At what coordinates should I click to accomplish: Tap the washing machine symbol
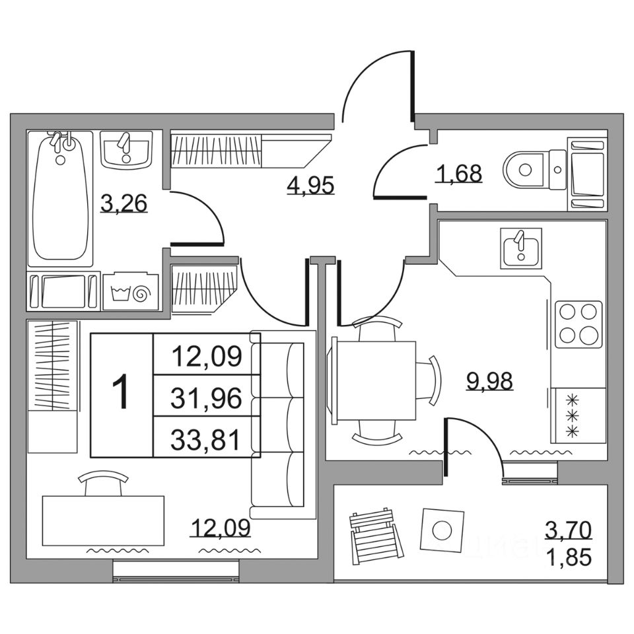(131, 291)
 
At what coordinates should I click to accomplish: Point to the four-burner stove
(579, 324)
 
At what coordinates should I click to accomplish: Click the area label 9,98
(489, 381)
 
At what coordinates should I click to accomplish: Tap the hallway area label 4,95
(310, 184)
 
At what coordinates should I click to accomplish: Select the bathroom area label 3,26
(123, 204)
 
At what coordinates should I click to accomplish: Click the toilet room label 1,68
(458, 174)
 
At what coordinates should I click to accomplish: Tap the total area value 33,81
(206, 439)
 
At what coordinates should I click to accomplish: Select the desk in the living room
(102, 520)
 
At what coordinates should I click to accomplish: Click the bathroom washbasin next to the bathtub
(127, 150)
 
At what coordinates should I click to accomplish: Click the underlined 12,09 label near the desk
(221, 528)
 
